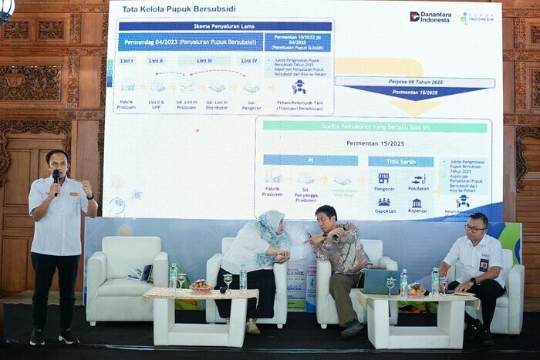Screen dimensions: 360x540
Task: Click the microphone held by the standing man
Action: point(56,177)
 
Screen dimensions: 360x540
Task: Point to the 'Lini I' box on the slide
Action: point(127,61)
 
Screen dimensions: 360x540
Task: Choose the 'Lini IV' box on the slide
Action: point(249,61)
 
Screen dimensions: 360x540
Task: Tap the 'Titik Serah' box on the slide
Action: point(390,162)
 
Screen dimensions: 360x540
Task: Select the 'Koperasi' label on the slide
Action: point(417,210)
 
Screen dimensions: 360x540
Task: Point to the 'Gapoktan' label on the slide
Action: point(383,210)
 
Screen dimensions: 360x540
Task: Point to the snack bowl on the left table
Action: point(201,287)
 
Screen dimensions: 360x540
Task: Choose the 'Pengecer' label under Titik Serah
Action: point(383,187)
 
